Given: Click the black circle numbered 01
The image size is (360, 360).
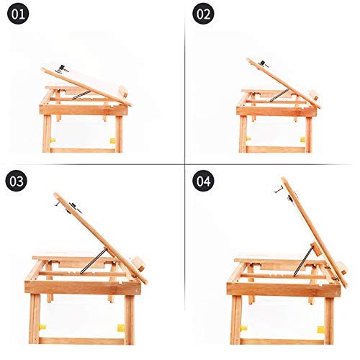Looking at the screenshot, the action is (x=18, y=14).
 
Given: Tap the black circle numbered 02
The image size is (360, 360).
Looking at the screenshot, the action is (x=203, y=14).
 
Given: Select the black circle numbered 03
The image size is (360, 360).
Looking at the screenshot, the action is (x=16, y=181).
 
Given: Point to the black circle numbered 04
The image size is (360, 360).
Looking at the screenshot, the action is (x=203, y=181).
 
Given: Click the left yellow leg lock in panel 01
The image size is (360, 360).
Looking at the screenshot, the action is (x=53, y=140).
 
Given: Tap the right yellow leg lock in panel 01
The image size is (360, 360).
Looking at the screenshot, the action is (x=112, y=140).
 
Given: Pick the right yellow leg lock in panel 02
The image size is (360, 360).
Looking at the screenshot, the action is (x=303, y=140).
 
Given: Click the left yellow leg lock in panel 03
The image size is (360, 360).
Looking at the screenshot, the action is (x=42, y=327).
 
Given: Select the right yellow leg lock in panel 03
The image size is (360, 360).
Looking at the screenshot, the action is (x=121, y=328).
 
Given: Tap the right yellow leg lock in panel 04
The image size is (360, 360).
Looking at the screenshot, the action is (x=321, y=330).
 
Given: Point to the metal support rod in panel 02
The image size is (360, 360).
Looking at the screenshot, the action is (x=279, y=95).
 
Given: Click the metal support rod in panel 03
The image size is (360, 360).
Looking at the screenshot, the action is (x=93, y=261).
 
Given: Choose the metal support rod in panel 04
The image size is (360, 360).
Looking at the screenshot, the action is (x=304, y=261).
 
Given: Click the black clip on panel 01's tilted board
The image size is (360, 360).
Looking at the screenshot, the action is (x=63, y=68).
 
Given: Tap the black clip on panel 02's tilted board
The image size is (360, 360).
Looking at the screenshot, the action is (x=264, y=63).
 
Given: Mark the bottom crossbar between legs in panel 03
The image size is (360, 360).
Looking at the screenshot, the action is (x=81, y=341).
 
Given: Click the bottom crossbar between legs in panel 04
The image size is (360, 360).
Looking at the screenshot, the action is (x=282, y=341).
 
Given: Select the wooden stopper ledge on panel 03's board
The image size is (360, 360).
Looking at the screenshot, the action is (x=139, y=264).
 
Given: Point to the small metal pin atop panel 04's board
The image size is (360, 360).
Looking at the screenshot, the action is (x=278, y=190).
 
